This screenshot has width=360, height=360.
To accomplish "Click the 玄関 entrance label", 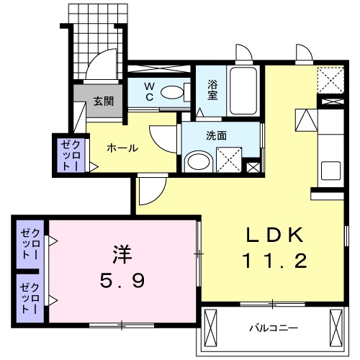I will coord(104,102).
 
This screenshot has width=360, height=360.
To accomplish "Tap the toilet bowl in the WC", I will coord(171,92).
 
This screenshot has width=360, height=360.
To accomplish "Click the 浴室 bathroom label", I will coord(214,89).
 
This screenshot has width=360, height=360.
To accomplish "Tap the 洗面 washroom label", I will coord(215,134).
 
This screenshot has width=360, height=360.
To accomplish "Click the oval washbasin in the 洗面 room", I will coord(195,161).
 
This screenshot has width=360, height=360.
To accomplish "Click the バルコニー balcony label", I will coord(274,328).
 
